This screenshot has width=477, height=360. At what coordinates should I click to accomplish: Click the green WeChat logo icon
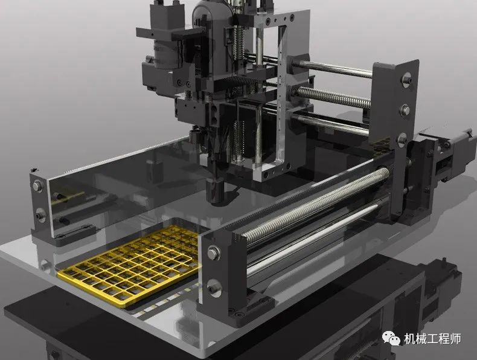click(x=391, y=338)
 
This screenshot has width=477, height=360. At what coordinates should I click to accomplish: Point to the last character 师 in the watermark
click(x=455, y=339)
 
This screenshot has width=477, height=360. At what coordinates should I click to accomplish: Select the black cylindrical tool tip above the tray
click(x=215, y=191)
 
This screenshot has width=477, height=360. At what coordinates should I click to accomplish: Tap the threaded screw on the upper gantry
click(x=333, y=97)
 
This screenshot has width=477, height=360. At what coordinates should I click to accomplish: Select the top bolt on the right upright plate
click(x=406, y=79)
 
